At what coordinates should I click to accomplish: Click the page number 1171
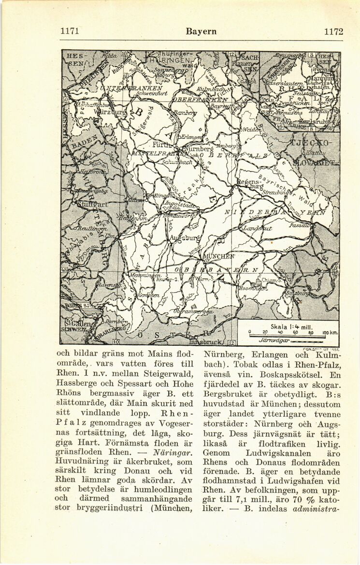click(70, 32)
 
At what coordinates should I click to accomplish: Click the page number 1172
click(333, 32)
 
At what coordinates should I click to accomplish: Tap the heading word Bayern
click(201, 32)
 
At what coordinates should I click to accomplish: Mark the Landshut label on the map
click(258, 227)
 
